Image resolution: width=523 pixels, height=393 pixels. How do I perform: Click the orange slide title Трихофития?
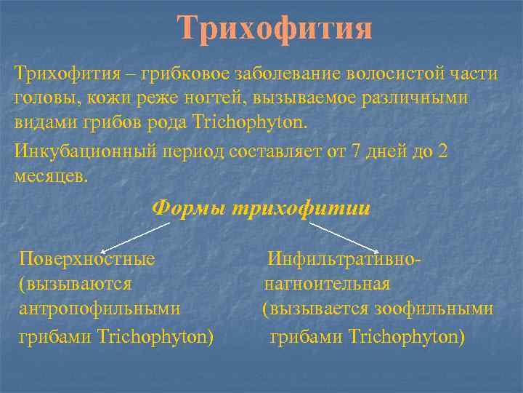click(275, 29)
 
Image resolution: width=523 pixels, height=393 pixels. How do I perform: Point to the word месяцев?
click(50, 175)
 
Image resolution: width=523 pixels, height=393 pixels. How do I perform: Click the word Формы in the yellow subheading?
click(188, 208)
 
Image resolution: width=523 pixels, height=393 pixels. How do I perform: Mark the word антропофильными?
click(100, 309)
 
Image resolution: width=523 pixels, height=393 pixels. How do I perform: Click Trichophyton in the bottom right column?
click(406, 337)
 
